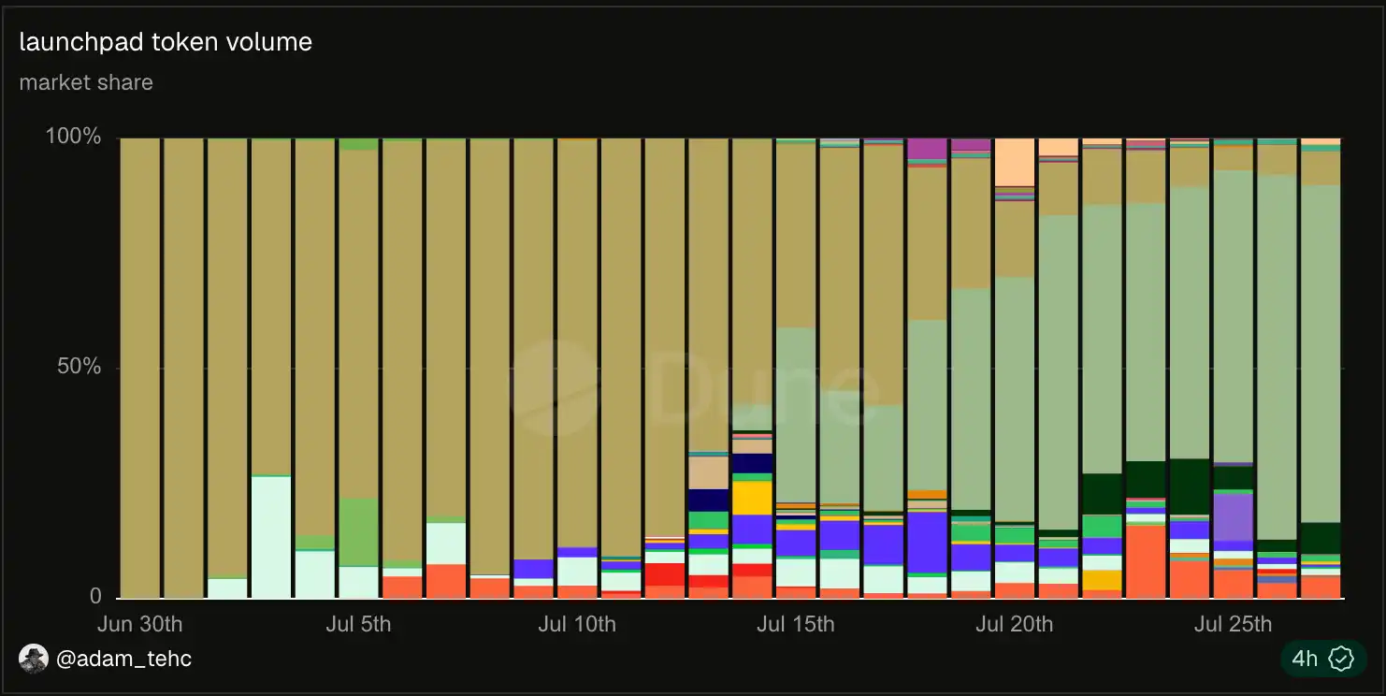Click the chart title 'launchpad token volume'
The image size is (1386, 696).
166,42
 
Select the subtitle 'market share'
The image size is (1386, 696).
86,82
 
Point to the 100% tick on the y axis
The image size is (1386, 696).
73,136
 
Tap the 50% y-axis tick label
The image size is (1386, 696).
79,367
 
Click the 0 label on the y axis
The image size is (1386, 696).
95,596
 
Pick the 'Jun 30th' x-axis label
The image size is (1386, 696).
140,624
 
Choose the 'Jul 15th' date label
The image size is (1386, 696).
796,624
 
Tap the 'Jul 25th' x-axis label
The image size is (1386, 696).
1234,624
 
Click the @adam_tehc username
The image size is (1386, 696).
123,659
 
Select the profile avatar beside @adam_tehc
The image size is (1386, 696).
34,659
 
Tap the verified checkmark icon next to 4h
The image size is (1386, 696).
1341,659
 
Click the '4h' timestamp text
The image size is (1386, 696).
1305,659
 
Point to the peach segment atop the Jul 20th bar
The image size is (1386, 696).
1015,162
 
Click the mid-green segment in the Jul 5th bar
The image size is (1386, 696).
359,532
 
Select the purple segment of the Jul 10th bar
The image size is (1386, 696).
577,552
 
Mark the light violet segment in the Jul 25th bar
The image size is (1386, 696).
1234,517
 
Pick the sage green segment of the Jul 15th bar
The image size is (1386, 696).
796,415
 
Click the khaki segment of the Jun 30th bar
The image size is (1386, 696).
140,368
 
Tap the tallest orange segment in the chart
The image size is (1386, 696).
1146,561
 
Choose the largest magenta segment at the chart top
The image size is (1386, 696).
927,149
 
